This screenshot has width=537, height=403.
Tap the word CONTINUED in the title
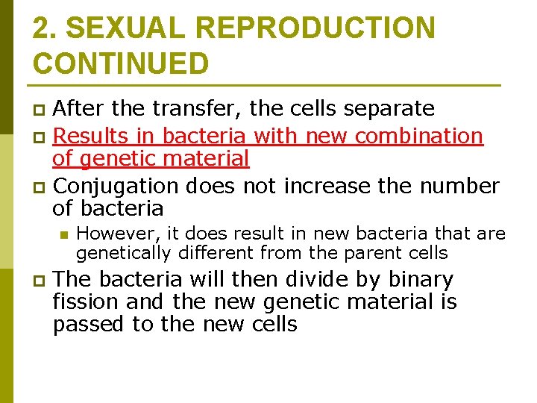(121, 63)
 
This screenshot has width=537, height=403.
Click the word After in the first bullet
(78, 109)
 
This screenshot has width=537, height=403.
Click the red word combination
(419, 137)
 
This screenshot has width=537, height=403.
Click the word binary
(414, 279)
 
